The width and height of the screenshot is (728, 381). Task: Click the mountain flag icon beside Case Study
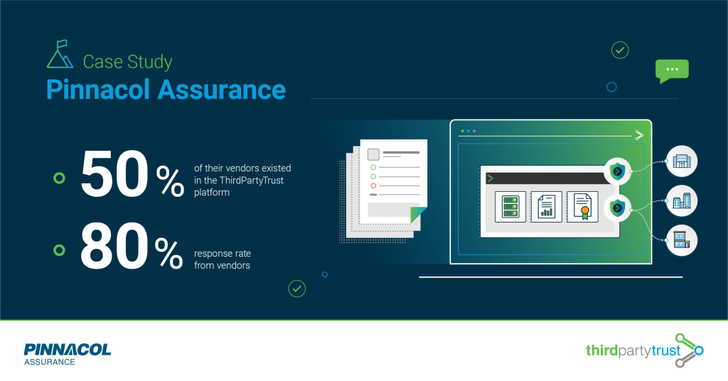[60, 54]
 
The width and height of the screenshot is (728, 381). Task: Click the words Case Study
[128, 62]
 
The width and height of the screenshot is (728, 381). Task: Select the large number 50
[114, 174]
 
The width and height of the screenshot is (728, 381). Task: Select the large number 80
[114, 246]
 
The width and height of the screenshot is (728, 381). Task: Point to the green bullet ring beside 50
[60, 178]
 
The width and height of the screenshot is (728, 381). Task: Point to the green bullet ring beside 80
[60, 250]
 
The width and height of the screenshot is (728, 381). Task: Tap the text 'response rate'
[223, 253]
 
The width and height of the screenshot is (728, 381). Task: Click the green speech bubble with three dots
[672, 71]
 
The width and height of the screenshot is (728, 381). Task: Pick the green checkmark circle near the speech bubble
[620, 50]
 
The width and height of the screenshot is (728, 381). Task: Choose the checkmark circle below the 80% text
[297, 289]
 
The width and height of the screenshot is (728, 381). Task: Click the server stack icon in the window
[510, 207]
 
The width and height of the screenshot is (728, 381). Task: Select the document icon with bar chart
[547, 207]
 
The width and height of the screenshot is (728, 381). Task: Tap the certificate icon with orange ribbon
[583, 207]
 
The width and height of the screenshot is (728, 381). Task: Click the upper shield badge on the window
[618, 171]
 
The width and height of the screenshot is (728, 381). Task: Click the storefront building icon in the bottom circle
[682, 240]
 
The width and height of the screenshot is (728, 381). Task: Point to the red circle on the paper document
[373, 186]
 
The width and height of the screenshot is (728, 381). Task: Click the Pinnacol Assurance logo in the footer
[68, 355]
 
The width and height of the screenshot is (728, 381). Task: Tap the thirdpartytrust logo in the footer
[644, 350]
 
